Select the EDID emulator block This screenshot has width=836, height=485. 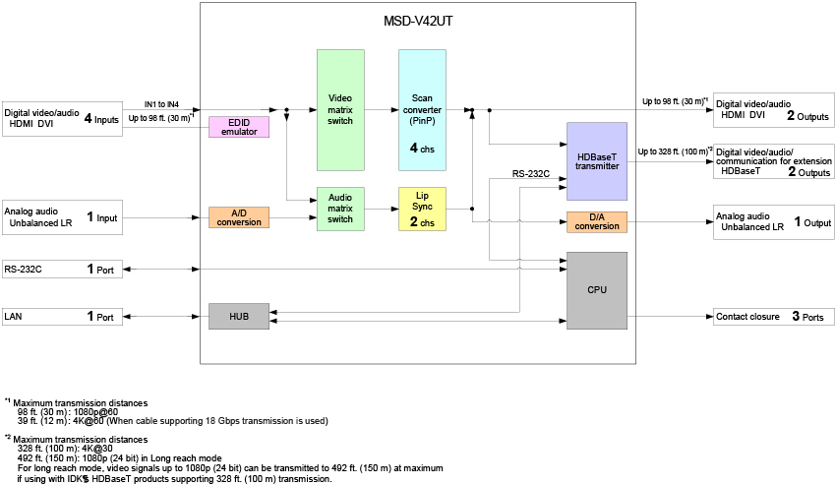coord(238,126)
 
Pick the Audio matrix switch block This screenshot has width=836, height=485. coord(340,209)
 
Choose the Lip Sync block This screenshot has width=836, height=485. coord(422,209)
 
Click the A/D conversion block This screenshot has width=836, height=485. coord(239,217)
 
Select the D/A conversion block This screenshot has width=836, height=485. coord(597,222)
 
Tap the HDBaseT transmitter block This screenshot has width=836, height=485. coord(597,161)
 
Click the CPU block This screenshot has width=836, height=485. coord(597,290)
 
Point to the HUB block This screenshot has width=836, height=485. coord(239,316)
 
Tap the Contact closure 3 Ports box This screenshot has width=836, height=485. coord(774,317)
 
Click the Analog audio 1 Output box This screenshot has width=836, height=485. coord(774,222)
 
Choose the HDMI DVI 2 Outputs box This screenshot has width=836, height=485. coord(774,109)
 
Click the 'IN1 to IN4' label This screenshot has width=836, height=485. coord(161,103)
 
